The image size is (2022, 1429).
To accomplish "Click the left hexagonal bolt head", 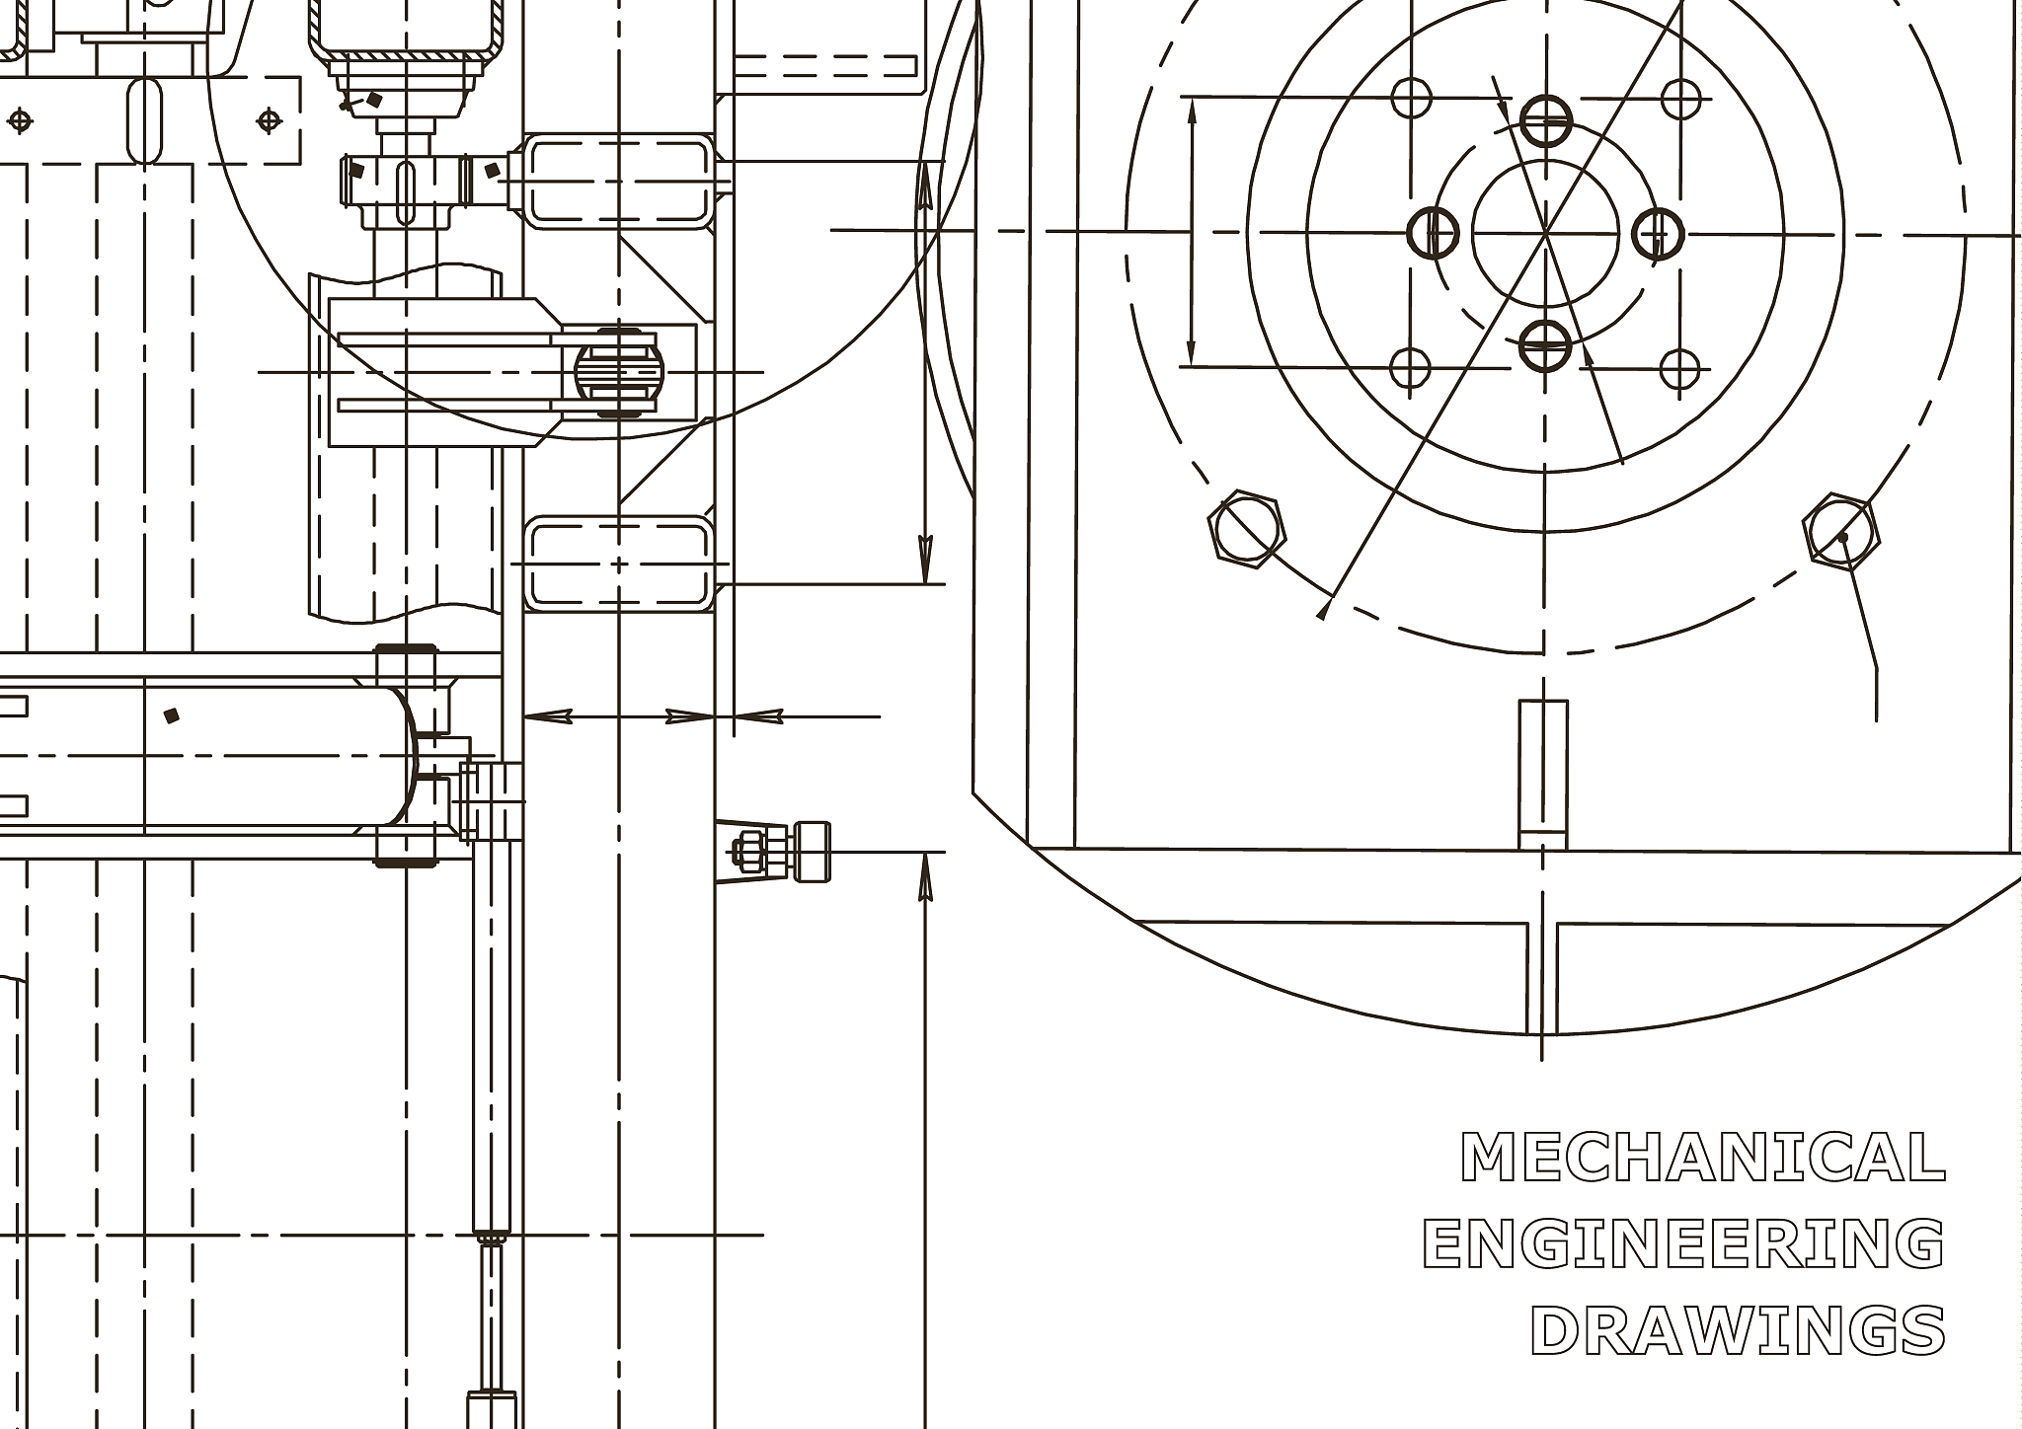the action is pyautogui.click(x=1247, y=529).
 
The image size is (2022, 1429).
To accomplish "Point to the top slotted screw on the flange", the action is pyautogui.click(x=1546, y=122).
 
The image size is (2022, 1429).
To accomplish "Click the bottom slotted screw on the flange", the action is pyautogui.click(x=1545, y=343).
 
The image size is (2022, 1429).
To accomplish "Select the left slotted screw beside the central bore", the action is pyautogui.click(x=1434, y=233).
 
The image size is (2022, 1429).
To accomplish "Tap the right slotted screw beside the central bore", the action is pyautogui.click(x=1658, y=234).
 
